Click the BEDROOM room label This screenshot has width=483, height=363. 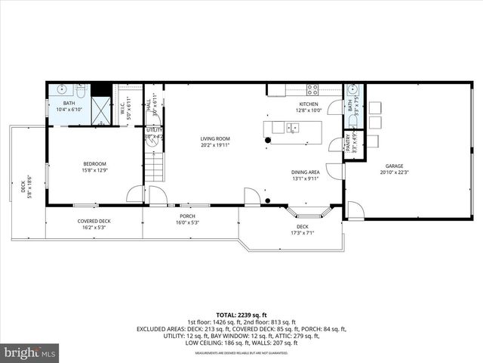tap(94, 164)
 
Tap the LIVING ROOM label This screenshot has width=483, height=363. tap(215, 139)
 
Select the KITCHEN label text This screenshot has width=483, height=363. tap(309, 104)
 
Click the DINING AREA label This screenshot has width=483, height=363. tap(306, 172)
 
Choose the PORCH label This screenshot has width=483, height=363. tap(187, 216)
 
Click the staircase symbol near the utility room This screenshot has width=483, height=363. tap(154, 166)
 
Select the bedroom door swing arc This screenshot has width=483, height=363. tap(135, 195)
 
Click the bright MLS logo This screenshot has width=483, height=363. tap(30, 352)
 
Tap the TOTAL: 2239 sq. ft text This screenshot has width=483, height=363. tap(242, 314)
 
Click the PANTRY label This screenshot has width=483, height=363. tap(348, 143)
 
